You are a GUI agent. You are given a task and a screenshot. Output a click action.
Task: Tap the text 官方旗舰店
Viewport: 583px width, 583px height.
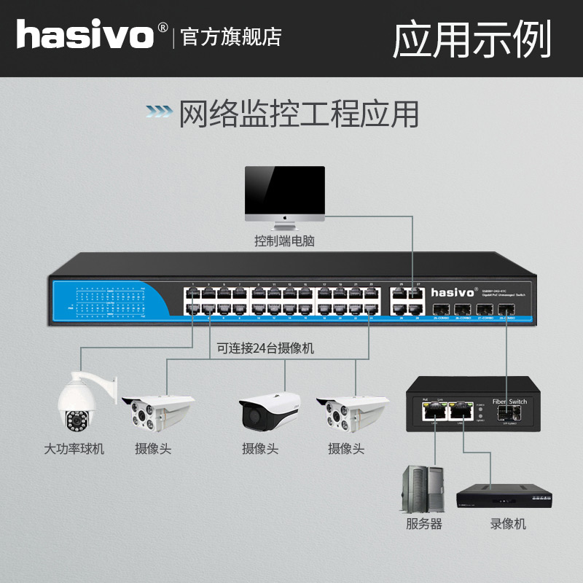click(x=231, y=37)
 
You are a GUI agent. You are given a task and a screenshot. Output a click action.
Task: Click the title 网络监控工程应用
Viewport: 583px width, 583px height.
click(x=299, y=114)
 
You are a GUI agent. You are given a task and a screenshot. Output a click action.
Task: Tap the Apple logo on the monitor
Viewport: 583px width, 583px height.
click(x=284, y=216)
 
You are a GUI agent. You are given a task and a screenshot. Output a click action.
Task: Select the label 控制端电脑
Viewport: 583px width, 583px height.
click(x=284, y=241)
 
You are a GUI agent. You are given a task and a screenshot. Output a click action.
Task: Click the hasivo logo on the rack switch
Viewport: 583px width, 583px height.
click(x=452, y=292)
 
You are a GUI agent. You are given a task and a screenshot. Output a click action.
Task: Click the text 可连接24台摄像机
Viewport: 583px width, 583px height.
click(x=265, y=349)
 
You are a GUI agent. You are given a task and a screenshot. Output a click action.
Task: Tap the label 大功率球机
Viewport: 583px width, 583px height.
click(x=74, y=449)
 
